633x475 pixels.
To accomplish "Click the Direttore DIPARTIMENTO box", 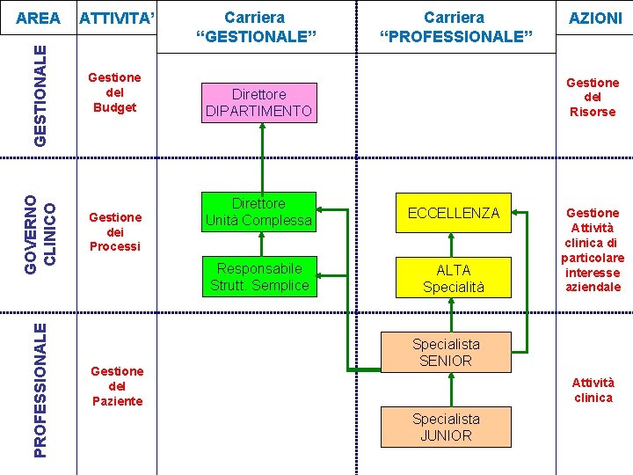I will [258, 102].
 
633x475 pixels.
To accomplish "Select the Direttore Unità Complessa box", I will [258, 212].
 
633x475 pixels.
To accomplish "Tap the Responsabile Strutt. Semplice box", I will [258, 276].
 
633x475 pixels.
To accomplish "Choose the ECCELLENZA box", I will [453, 212].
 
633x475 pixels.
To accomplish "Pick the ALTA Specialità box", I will [453, 278].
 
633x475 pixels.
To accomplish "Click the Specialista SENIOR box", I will [446, 352].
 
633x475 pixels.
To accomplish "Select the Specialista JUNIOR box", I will [446, 427].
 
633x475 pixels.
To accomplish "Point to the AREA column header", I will [40, 18].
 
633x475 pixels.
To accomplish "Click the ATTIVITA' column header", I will [116, 18].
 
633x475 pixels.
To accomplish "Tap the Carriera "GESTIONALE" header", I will [255, 26].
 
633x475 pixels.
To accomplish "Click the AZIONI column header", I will [595, 18].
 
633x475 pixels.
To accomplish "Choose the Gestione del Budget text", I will [114, 92].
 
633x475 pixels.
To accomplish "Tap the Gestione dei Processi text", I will [114, 231].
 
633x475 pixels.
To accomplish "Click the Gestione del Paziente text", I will [117, 386].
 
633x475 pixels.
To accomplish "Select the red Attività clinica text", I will [593, 390].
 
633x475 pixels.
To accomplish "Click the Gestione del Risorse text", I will [593, 97].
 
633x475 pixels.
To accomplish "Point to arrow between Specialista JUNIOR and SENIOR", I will [449, 389].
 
